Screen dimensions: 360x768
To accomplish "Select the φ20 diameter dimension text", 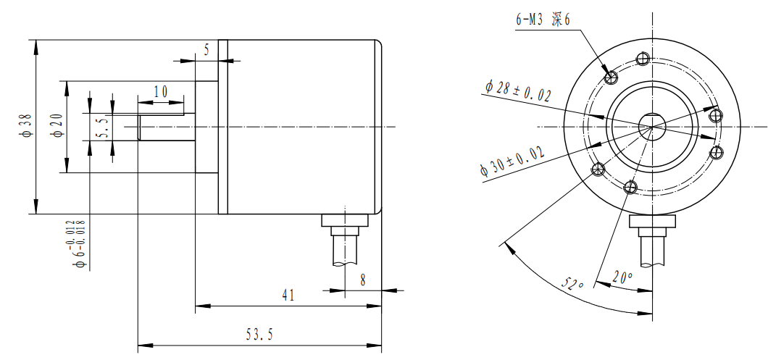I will [57, 125].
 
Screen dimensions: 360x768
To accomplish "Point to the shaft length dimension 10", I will [160, 91].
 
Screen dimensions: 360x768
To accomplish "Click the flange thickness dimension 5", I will [206, 50].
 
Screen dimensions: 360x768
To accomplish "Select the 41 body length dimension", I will [288, 296].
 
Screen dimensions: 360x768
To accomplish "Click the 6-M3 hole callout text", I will [543, 20].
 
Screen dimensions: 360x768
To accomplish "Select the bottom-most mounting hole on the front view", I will [630, 188].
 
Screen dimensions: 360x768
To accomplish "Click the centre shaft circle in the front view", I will [651, 126].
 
